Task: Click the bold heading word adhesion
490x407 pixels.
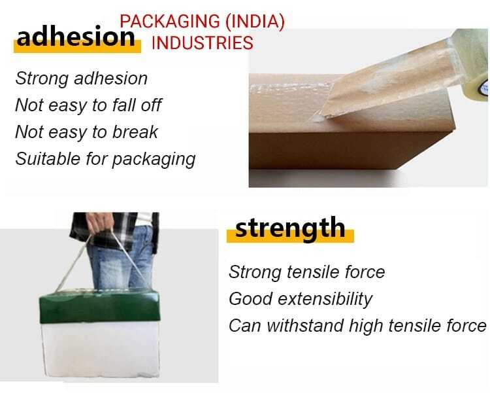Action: [x=76, y=37]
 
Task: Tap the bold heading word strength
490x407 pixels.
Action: [x=290, y=228]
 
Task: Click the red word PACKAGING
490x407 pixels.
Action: [x=170, y=22]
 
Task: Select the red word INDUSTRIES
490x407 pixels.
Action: [x=202, y=43]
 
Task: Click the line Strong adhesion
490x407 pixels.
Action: [x=81, y=79]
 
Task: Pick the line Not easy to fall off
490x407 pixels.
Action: [x=88, y=105]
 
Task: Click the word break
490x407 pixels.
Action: [x=135, y=132]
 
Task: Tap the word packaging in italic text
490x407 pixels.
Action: [x=154, y=160]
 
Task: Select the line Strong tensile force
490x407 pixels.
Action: [x=306, y=272]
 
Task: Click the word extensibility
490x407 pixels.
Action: [x=325, y=298]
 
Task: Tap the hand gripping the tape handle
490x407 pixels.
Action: [x=99, y=222]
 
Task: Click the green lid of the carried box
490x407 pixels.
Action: [x=100, y=305]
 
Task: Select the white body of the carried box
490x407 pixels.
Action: [x=101, y=348]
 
